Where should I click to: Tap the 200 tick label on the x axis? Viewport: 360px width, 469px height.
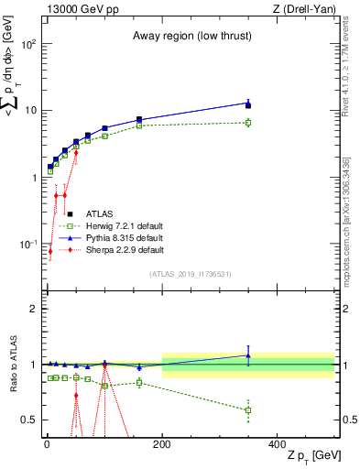pyautogui.click(x=162, y=443)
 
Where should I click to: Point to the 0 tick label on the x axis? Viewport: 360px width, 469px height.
pyautogui.click(x=47, y=443)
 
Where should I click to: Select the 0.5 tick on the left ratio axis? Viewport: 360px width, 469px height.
pyautogui.click(x=30, y=420)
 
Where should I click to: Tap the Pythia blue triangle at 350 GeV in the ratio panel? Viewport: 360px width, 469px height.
pyautogui.click(x=248, y=355)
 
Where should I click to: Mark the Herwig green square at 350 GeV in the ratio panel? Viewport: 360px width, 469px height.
pyautogui.click(x=248, y=409)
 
